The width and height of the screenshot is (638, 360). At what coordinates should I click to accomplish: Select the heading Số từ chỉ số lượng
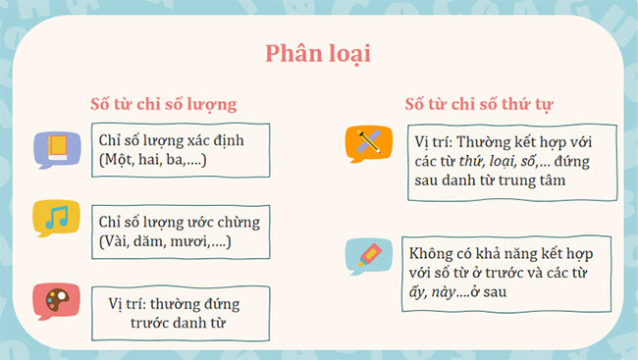pyautogui.click(x=163, y=102)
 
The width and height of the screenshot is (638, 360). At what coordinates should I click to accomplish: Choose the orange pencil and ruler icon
pyautogui.click(x=368, y=144)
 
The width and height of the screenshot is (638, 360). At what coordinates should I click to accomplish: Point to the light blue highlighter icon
pyautogui.click(x=368, y=257)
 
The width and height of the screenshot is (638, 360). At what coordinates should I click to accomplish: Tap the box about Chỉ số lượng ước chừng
pyautogui.click(x=182, y=232)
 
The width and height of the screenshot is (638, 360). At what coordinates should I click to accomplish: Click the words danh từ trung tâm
pyautogui.click(x=530, y=180)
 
